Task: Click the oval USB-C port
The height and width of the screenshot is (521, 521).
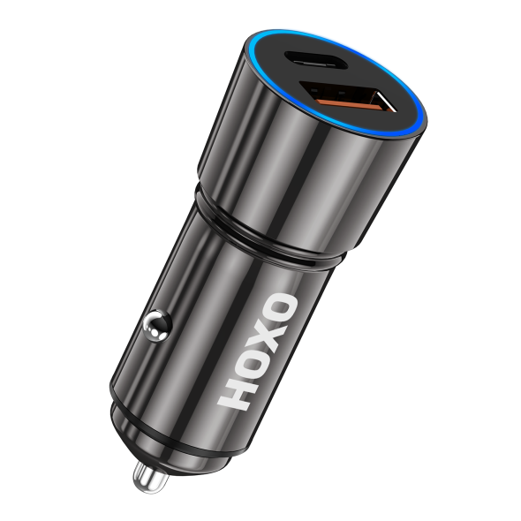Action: (x=314, y=60)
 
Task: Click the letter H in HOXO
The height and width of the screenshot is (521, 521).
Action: (x=238, y=393)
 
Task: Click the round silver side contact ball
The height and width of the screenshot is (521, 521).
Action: (x=157, y=325)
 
